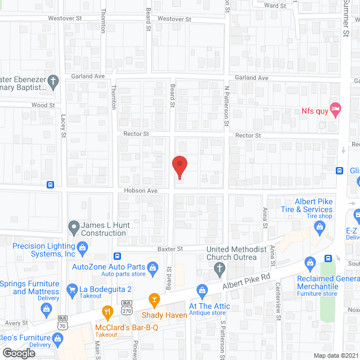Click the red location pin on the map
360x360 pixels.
(x=179, y=166)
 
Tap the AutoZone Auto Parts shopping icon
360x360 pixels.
(x=151, y=267)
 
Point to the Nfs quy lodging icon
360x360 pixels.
(x=335, y=109)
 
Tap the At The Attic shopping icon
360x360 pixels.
(x=201, y=289)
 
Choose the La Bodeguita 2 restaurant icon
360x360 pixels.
(x=71, y=290)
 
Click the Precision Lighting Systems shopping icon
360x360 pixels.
(x=82, y=246)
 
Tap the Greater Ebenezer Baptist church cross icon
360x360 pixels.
(x=53, y=82)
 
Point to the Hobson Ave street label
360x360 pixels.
(x=145, y=191)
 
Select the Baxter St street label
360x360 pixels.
(x=172, y=248)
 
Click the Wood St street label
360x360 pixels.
(x=43, y=105)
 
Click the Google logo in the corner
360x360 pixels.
(x=18, y=353)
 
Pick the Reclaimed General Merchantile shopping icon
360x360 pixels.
(x=309, y=262)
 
